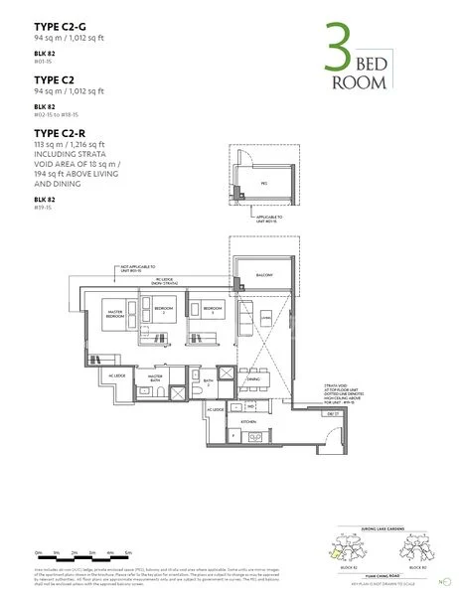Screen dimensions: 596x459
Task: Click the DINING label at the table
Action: coord(253,378)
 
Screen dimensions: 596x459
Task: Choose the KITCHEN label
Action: coord(248,421)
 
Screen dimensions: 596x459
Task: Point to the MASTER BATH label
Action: coord(154,377)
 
